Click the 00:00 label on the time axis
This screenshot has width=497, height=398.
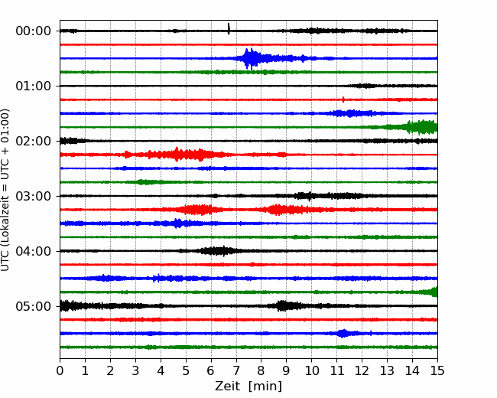(34, 31)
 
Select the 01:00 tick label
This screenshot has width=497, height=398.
(34, 86)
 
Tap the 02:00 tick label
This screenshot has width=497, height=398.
(34, 141)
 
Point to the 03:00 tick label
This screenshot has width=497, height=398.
(34, 196)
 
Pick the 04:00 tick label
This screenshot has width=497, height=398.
(34, 251)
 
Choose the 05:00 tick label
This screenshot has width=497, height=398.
(34, 306)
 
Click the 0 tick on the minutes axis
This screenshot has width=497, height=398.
(60, 370)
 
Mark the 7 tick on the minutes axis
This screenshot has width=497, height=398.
(236, 370)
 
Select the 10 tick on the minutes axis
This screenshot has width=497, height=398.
(311, 370)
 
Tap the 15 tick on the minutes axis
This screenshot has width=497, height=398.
(437, 370)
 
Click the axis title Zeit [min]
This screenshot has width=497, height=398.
(248, 387)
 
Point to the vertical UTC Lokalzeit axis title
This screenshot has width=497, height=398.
(5, 190)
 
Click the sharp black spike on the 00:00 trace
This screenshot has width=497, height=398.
(229, 28)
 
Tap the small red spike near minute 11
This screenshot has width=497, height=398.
(343, 99)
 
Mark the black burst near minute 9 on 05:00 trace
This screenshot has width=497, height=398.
(284, 306)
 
